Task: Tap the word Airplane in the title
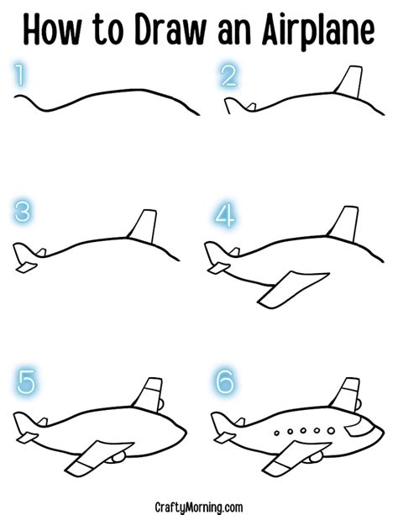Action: (320, 31)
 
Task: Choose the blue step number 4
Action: (226, 215)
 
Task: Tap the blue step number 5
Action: (27, 383)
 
